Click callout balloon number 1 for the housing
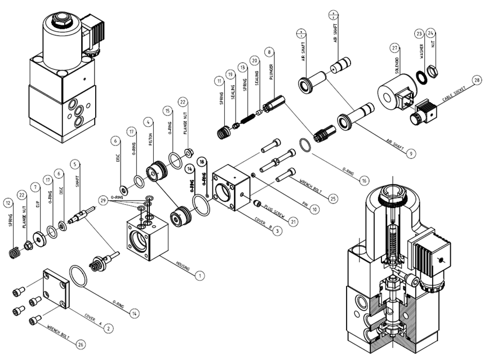198,276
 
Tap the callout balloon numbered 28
477,81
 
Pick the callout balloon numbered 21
293,222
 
